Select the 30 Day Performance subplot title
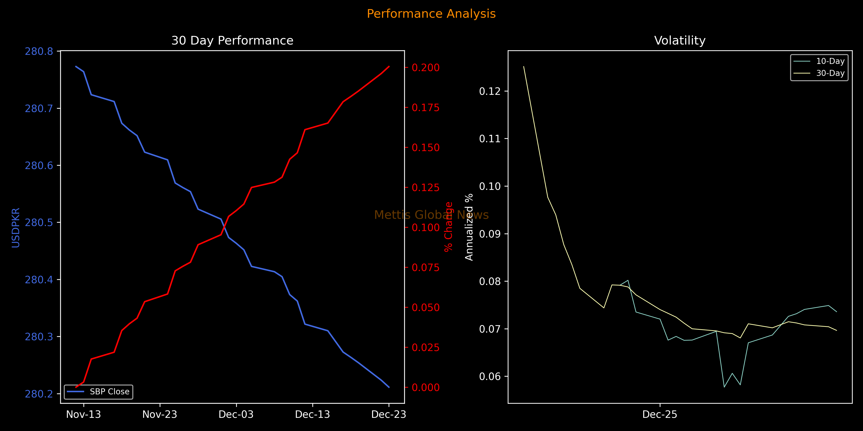coord(232,41)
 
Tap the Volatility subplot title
coord(680,41)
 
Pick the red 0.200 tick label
coord(426,68)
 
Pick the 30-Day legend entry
coord(830,73)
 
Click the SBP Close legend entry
coord(110,392)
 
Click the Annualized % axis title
coord(469,227)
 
